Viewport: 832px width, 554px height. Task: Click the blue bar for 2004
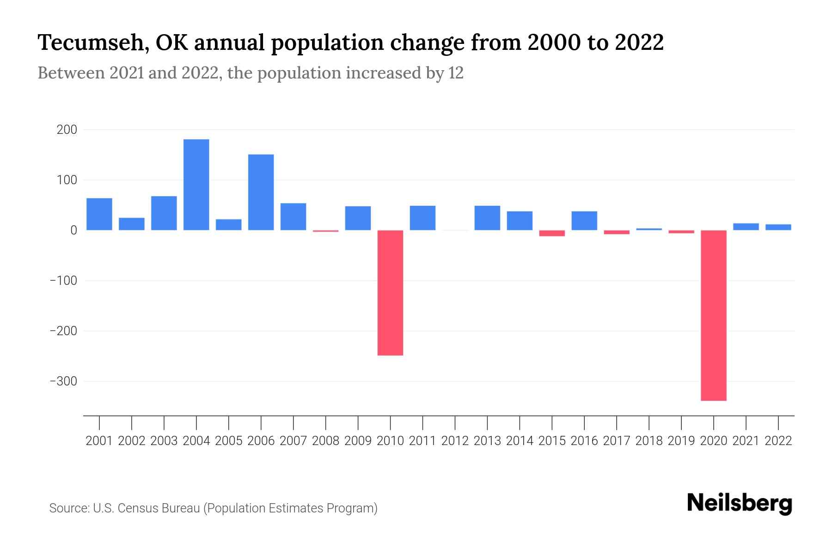tap(196, 185)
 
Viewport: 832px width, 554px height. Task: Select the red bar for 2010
tap(390, 293)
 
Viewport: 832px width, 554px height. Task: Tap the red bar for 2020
tap(713, 315)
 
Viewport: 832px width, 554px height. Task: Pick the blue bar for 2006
tap(261, 192)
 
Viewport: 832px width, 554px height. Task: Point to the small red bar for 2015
tap(552, 233)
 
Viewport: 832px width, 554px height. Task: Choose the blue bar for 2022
tap(778, 227)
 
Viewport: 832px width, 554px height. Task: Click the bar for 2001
tap(99, 214)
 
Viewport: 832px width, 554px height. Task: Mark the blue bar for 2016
tap(584, 221)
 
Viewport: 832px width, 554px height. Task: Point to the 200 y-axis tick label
tap(67, 130)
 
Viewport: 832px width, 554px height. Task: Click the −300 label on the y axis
tap(63, 381)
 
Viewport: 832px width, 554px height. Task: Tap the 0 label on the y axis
tap(73, 230)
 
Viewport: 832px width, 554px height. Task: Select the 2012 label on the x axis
tap(455, 441)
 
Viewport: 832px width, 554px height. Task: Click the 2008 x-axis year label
tap(325, 441)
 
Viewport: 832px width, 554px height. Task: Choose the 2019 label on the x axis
tap(681, 441)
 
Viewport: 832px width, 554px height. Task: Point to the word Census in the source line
tap(135, 508)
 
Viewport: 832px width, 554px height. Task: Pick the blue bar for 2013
tap(487, 218)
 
